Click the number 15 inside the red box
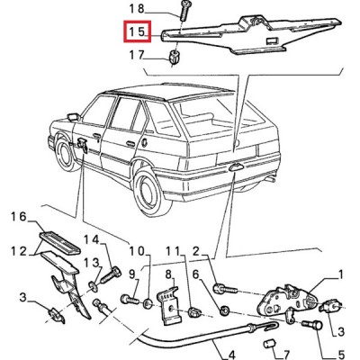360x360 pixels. point(138,31)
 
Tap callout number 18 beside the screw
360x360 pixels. point(137,9)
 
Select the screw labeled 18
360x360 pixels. point(184,10)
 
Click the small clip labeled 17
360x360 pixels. point(174,58)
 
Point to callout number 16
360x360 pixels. point(19,217)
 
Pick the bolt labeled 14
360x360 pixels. point(111,275)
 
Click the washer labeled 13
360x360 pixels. point(93,286)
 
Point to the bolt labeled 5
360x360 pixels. point(312,325)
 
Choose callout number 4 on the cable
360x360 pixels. point(231,355)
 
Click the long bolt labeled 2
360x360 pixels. point(225,290)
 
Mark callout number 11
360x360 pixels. point(173,251)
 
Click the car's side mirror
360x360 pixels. point(74,116)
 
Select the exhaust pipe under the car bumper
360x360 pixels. point(270,179)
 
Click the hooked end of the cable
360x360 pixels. point(269,325)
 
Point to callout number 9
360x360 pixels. point(132,274)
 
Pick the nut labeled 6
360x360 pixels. point(225,310)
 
